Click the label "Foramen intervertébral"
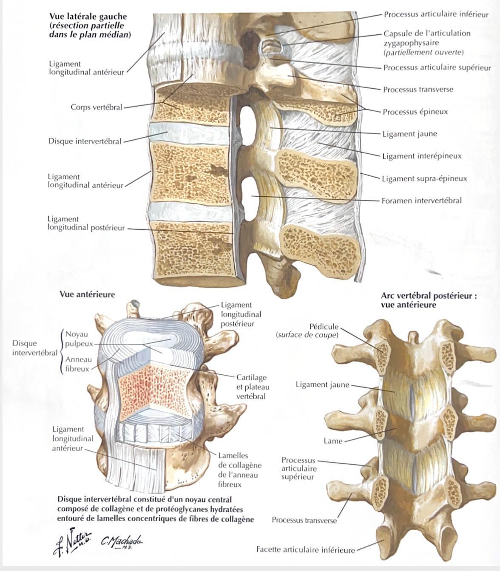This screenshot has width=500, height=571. [x=421, y=201]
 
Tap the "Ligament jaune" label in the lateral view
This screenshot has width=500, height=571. [x=410, y=134]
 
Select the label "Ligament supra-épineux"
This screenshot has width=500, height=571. [x=425, y=178]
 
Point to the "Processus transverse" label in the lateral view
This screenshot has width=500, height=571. [x=418, y=89]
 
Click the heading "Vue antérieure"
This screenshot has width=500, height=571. [x=87, y=294]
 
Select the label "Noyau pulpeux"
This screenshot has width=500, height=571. [x=79, y=339]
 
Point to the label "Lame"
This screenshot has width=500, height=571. [x=333, y=441]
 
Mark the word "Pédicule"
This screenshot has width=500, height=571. [x=324, y=327]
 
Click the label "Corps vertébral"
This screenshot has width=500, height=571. [x=97, y=107]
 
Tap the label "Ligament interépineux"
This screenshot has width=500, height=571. [x=422, y=156]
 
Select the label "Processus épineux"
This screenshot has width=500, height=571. [x=415, y=112]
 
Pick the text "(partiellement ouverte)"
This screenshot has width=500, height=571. [x=423, y=52]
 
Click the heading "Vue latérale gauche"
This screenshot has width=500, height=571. [x=88, y=17]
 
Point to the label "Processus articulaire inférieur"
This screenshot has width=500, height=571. [x=436, y=14]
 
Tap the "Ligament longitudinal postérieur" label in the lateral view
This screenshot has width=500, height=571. [x=86, y=223]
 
